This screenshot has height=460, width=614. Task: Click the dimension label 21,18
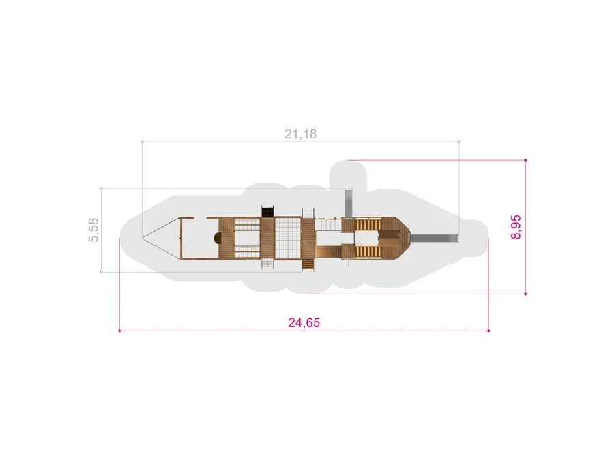tap(300, 134)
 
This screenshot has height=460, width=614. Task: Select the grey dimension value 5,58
tap(94, 230)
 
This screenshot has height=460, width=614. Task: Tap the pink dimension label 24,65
tap(304, 323)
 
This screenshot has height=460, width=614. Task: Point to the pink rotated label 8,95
tap(516, 227)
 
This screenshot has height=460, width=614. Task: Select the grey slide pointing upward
tap(348, 203)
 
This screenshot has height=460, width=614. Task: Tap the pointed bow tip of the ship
tap(143, 238)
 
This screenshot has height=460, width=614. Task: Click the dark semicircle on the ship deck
tap(216, 238)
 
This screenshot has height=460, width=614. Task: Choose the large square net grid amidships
tap(288, 239)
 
